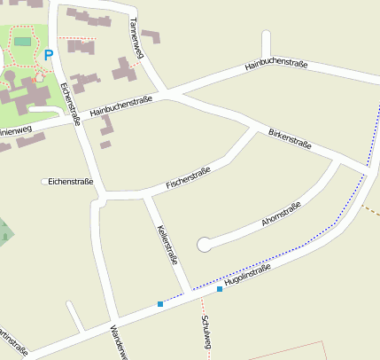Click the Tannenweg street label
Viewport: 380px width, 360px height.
click(136, 38)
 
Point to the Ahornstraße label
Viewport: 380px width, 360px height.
click(282, 216)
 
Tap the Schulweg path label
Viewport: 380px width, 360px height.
click(206, 337)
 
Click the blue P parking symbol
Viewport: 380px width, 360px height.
click(49, 55)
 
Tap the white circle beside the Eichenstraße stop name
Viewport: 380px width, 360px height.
click(44, 182)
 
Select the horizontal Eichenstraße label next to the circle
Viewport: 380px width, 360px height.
click(71, 182)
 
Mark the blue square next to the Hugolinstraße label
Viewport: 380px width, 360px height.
click(220, 289)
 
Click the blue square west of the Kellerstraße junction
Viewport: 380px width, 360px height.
click(160, 304)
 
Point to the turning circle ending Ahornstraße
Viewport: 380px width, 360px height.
click(205, 244)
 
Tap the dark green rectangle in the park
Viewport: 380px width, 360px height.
click(22, 41)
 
